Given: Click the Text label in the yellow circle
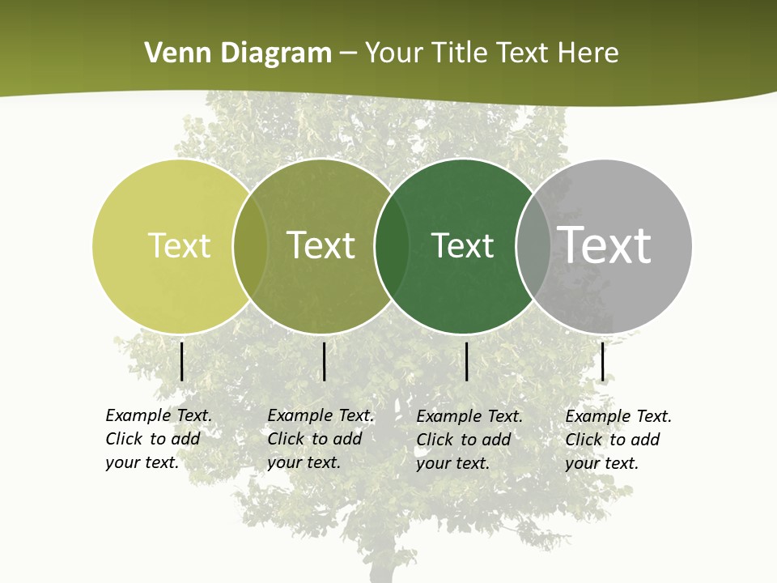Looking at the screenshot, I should click(x=179, y=245).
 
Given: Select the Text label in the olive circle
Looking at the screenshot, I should click(x=321, y=245).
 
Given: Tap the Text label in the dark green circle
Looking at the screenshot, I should click(x=462, y=245).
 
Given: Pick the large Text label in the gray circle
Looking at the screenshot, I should click(x=605, y=245).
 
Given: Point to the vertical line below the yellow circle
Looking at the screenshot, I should click(x=182, y=361).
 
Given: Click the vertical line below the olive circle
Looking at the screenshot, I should click(x=324, y=361).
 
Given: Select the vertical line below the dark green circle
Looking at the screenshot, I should click(x=467, y=361).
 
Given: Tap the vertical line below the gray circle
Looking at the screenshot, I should click(x=603, y=361).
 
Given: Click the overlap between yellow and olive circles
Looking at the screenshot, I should click(x=250, y=246).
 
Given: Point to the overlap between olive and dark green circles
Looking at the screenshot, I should click(x=392, y=246).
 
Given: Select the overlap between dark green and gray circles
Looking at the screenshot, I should click(x=533, y=246).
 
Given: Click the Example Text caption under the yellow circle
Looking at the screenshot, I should click(x=158, y=439).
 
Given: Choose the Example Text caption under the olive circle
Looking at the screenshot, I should click(x=320, y=439).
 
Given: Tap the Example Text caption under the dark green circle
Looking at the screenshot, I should click(x=469, y=440).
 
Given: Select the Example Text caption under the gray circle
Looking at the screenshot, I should click(x=618, y=440).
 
